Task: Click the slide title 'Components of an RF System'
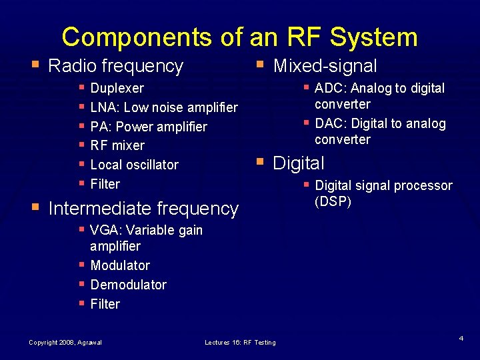pos(239,37)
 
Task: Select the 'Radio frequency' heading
pos(115,66)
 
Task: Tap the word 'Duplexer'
pos(117,88)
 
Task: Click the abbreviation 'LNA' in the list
pos(102,107)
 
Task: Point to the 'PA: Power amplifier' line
pos(148,127)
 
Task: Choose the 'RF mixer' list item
pos(117,145)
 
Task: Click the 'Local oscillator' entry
pos(134,165)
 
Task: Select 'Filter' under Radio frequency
pos(105,184)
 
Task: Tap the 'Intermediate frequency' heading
pos(143,209)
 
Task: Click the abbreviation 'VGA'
pos(103,231)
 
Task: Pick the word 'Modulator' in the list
pos(120,265)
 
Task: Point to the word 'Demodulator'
pos(128,285)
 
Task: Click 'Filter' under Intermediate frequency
pos(105,304)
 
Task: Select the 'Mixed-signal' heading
pos(325,66)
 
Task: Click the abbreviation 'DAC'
pos(328,124)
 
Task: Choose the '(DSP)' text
pos(333,201)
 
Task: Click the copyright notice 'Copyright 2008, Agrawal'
pos(65,343)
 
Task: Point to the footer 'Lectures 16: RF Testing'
pos(240,343)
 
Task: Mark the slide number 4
pos(461,339)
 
